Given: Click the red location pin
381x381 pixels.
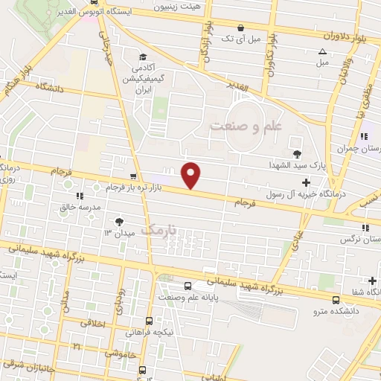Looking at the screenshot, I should tap(191, 173).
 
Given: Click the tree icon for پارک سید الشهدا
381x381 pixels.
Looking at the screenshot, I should tap(297, 154).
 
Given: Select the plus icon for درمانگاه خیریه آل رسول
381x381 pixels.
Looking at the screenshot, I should tap(307, 182).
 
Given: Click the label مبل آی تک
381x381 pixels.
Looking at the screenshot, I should tap(245, 39).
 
